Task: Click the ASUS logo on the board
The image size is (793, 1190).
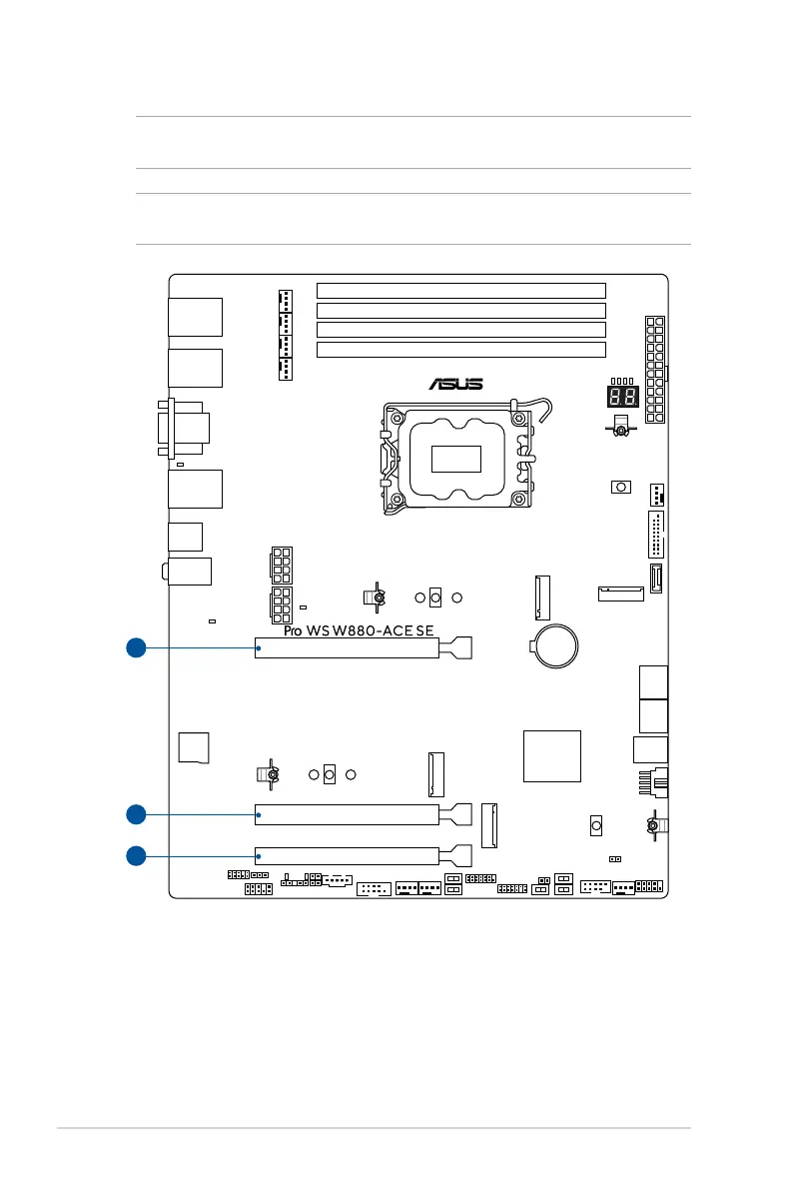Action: (456, 383)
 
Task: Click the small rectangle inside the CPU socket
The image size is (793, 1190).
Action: (455, 459)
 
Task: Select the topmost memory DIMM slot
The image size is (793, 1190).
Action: (460, 291)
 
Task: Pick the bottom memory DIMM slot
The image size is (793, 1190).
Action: (460, 350)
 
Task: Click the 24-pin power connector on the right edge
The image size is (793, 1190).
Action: (655, 369)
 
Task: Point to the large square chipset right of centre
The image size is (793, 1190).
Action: (551, 755)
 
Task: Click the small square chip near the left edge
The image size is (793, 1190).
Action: (194, 747)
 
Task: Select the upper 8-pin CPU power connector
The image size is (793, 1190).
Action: (280, 565)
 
